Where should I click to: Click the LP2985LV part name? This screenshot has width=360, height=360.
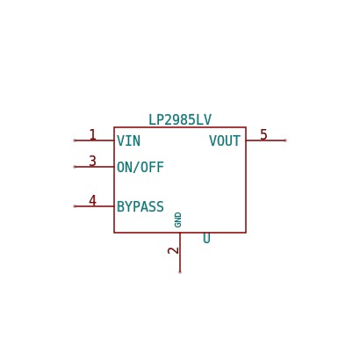(180, 119)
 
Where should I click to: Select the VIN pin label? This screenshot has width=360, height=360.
(129, 140)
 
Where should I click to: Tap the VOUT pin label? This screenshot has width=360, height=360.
(225, 140)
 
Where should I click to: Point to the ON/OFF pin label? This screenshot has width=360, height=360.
(140, 167)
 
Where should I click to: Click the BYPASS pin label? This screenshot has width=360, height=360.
(140, 206)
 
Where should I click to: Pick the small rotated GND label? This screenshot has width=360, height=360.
(178, 220)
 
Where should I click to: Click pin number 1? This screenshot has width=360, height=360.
(93, 134)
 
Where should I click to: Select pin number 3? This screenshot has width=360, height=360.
(93, 161)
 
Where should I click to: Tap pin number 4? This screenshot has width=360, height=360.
(93, 201)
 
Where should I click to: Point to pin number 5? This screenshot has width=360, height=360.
(263, 134)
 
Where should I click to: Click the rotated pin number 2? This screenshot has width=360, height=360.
(173, 250)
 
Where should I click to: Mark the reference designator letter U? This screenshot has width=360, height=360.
(206, 238)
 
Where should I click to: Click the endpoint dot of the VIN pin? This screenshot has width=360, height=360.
(75, 140)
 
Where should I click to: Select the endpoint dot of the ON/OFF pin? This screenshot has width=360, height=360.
(75, 167)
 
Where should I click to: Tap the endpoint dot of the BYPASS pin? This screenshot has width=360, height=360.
(75, 206)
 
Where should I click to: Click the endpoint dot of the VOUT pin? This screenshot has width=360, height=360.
(285, 140)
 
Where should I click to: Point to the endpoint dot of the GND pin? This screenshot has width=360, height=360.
(180, 272)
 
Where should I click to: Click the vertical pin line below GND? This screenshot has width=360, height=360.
(180, 253)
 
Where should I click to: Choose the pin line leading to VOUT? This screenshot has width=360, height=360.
(266, 140)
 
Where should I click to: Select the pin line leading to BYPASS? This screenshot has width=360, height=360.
(94, 206)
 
